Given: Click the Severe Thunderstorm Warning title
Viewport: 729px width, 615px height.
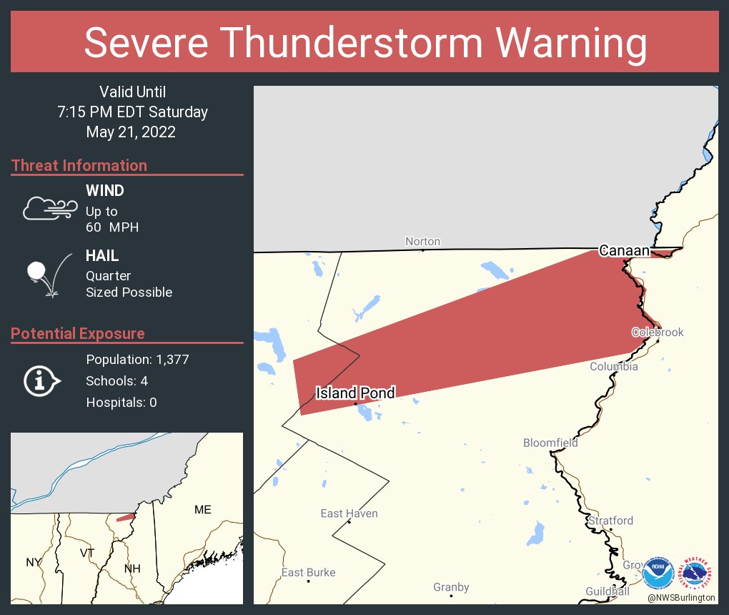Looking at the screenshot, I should tap(365, 43).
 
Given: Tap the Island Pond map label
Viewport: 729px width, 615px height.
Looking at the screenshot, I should tap(355, 392).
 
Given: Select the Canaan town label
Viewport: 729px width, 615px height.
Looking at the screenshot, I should tap(624, 250).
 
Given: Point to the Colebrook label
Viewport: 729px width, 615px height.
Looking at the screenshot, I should tap(658, 333).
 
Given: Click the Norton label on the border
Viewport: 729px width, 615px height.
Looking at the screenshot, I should tap(422, 242).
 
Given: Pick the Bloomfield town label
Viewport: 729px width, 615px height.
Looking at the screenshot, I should tap(550, 443).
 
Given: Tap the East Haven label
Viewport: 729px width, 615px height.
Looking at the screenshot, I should tap(349, 513).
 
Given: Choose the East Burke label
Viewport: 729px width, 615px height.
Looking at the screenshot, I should tap(308, 572).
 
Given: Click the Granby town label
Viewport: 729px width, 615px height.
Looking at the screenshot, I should tap(451, 587).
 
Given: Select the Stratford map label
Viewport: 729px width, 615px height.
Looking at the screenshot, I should tap(610, 521).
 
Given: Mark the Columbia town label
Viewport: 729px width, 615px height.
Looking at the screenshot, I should tap(613, 367).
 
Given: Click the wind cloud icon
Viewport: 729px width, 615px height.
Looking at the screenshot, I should tap(49, 208).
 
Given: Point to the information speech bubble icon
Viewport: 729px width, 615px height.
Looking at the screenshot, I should tap(42, 380).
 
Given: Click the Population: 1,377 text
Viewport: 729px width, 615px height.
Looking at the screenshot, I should tap(137, 360).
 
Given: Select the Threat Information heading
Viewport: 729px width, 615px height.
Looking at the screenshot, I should tap(79, 165).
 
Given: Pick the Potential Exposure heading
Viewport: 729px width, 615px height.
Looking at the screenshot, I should tap(78, 333).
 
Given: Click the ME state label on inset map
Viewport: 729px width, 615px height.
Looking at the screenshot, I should tap(203, 510).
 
